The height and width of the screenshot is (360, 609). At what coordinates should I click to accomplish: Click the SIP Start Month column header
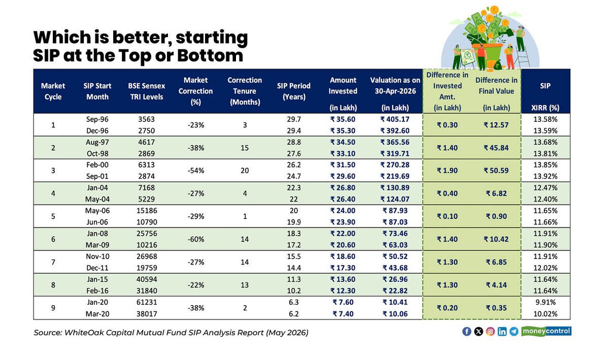coord(97,91)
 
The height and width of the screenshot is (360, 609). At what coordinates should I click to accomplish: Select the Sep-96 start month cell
coord(97,119)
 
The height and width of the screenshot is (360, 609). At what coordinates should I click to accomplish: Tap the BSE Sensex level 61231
coord(147,302)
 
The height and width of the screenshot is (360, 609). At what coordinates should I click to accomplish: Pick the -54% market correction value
coord(196,170)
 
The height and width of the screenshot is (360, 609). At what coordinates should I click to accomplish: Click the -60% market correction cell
coord(196,239)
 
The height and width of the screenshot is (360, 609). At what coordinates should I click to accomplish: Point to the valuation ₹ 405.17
coord(395,119)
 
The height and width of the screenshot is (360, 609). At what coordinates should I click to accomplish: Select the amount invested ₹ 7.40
coord(343,314)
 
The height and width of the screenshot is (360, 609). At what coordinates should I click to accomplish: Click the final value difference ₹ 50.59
coord(496,170)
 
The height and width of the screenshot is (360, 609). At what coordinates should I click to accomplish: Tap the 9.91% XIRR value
coord(546,302)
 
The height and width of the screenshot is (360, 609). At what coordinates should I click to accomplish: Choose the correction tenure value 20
coord(245,170)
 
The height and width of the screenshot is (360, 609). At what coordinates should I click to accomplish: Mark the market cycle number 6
coord(53,239)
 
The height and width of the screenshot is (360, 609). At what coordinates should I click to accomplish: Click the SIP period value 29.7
coord(294,119)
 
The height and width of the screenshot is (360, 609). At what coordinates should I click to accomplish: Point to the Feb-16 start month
coord(97,290)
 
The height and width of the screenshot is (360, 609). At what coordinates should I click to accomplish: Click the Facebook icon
coord(466,332)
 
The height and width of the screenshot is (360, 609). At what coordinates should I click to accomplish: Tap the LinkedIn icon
coord(502,332)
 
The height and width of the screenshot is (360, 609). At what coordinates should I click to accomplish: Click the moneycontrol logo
coord(546,331)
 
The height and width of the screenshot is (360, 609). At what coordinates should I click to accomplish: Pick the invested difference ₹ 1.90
coord(447,170)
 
